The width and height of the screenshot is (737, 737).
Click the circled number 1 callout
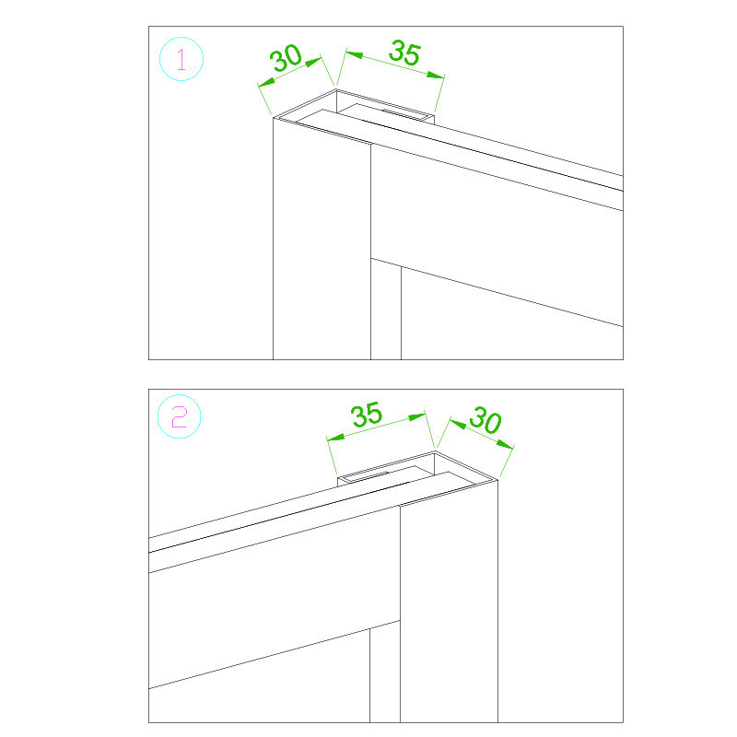[181, 59]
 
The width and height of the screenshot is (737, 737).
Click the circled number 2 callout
[179, 417]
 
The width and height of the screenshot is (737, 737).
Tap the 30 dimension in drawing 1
[286, 57]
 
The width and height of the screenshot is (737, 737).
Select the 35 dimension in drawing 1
[404, 53]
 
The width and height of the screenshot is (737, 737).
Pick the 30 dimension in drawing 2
[485, 420]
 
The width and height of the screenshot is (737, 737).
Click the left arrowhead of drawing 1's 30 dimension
[266, 82]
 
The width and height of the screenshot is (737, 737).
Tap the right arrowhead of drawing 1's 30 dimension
[313, 62]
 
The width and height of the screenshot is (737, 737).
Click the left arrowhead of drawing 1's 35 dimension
[355, 54]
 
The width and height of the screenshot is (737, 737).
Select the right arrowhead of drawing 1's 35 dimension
[435, 75]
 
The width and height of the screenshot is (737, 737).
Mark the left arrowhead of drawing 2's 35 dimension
[335, 438]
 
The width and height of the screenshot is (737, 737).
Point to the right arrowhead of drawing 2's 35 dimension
[417, 417]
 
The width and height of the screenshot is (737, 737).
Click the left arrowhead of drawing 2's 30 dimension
[458, 424]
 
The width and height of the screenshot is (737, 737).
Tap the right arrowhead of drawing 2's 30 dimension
[505, 444]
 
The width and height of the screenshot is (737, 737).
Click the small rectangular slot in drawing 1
[386, 111]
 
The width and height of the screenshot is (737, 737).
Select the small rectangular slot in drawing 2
[386, 474]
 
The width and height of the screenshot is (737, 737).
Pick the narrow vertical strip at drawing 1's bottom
[386, 310]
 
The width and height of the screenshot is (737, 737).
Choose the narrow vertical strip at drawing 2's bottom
[385, 673]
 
